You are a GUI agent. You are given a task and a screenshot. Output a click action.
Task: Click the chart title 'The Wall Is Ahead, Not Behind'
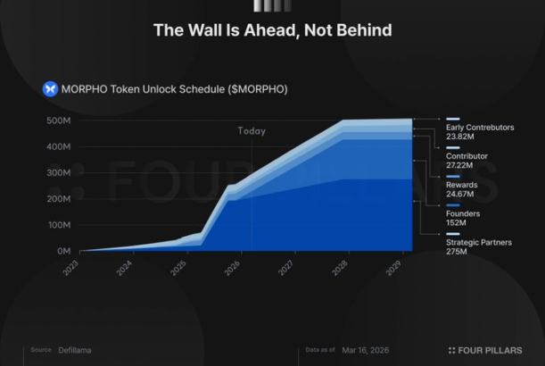(x=272, y=30)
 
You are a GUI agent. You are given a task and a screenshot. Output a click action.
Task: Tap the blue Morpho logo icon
(x=50, y=88)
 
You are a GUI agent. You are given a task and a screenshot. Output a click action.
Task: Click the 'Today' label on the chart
(x=252, y=131)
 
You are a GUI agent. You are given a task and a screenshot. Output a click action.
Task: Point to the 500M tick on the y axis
(x=59, y=121)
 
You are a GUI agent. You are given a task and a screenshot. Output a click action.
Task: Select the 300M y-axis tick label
(x=59, y=172)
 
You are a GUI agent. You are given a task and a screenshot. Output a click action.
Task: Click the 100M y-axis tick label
(x=59, y=225)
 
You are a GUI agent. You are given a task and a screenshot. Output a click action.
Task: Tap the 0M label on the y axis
(x=63, y=251)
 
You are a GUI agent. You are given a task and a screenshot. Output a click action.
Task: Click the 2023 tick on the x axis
(x=71, y=267)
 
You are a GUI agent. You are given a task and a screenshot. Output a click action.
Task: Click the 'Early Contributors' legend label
(x=480, y=128)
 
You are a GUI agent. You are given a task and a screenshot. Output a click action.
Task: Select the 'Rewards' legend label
(x=461, y=185)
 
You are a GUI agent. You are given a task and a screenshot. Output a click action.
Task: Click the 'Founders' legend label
(x=463, y=213)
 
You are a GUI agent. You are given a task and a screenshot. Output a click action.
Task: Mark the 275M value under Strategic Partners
(x=457, y=252)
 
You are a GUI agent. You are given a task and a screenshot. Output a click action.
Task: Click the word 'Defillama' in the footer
(x=74, y=350)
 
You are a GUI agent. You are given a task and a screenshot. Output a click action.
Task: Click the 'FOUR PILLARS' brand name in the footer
(x=490, y=350)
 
